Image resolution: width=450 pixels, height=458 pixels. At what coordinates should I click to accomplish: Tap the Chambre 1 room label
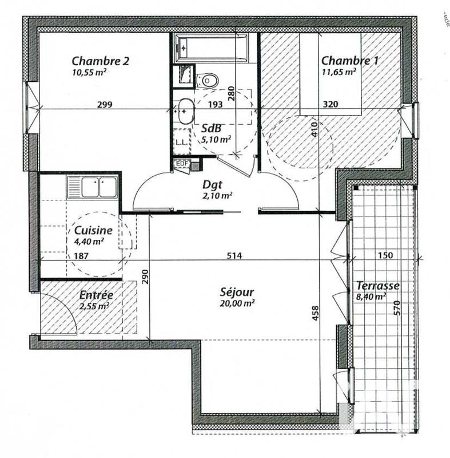[x=350, y=61]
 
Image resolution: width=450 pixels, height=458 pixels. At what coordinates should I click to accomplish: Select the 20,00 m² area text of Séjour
[x=237, y=303]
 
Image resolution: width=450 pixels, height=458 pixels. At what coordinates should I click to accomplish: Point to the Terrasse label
[x=377, y=286]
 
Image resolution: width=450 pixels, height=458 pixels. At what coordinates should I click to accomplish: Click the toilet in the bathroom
[x=207, y=80]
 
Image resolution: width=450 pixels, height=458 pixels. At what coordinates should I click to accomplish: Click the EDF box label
[x=182, y=164]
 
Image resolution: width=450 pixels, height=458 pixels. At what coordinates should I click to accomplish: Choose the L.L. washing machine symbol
[x=181, y=141]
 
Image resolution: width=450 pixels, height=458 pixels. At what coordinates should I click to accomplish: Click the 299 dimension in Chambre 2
[x=104, y=104]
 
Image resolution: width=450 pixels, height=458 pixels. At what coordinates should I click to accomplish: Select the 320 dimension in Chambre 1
[x=331, y=104]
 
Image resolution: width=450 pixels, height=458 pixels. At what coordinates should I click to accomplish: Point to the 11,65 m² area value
[x=339, y=72]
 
